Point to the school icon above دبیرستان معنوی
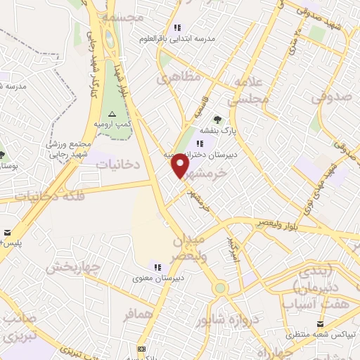pyautogui.click(x=158, y=266)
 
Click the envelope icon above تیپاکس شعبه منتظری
pyautogui.click(x=321, y=323)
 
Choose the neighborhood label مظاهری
pyautogui.click(x=176, y=78)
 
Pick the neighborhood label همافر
pyautogui.click(x=138, y=314)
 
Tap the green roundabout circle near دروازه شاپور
pyautogui.click(x=221, y=288)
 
